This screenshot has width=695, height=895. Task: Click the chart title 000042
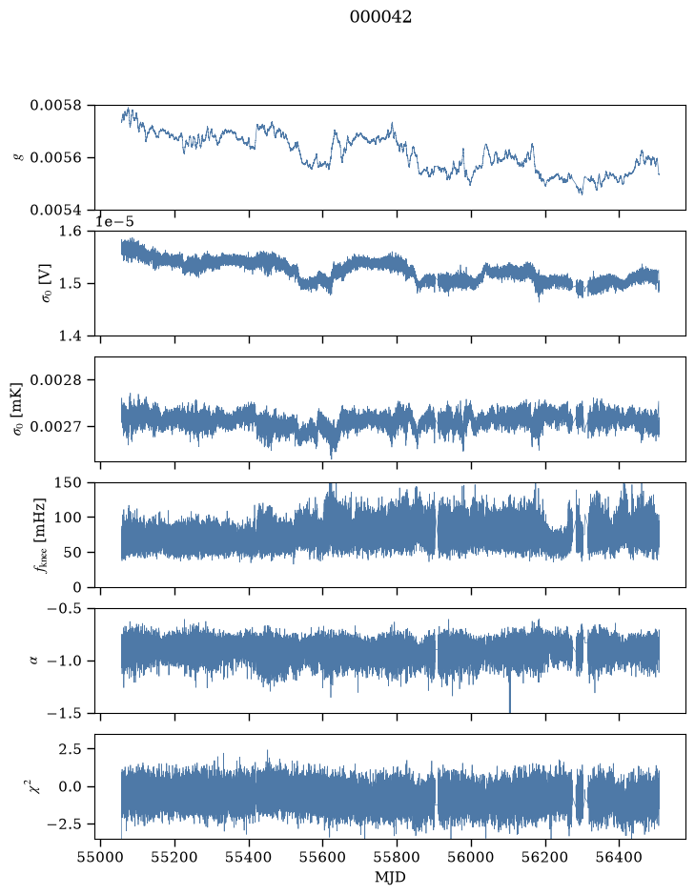pos(380,17)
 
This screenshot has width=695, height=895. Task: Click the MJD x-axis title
pos(390,877)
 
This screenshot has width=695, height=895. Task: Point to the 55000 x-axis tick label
pos(100,858)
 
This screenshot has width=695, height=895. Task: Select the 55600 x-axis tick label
pos(322,858)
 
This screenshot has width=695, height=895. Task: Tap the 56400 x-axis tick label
pos(620,858)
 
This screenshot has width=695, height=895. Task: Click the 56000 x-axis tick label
pos(471,858)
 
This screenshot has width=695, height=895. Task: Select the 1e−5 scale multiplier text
pos(114,221)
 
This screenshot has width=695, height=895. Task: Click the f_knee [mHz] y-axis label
pos(40,535)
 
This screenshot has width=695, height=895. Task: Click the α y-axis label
pos(33,661)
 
